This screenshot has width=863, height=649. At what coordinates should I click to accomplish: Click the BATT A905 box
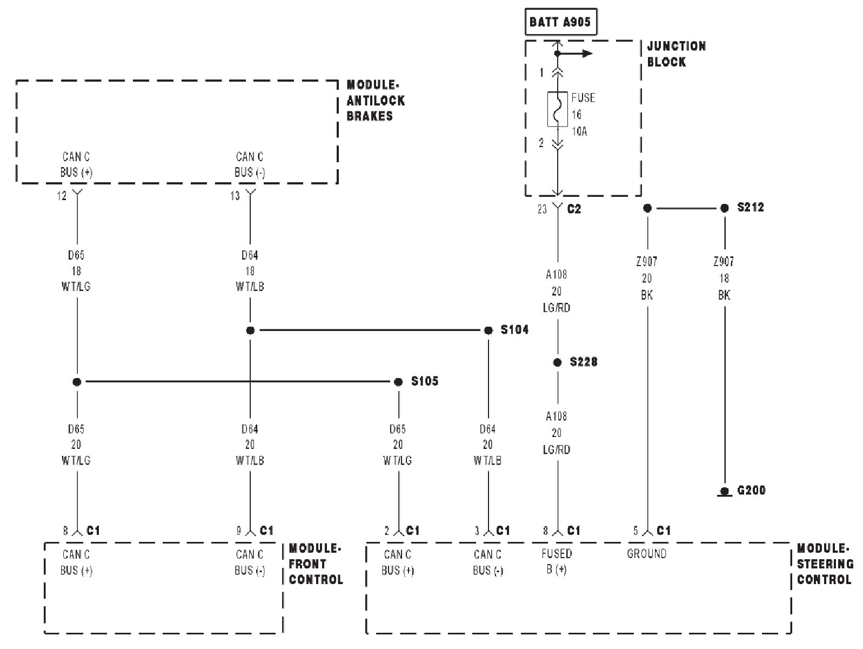pos(560,23)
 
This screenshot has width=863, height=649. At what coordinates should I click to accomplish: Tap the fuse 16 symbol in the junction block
pos(557,109)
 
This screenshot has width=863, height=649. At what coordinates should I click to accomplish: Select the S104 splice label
pos(514,329)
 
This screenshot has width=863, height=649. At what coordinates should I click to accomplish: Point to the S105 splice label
pos(424,381)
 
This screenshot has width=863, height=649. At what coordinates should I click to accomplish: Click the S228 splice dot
pos(557,362)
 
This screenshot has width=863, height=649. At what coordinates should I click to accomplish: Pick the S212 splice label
pos(750,208)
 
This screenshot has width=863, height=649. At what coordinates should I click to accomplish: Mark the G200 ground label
pos(751,491)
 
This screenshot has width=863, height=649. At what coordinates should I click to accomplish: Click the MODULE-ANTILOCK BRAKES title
pos(376,101)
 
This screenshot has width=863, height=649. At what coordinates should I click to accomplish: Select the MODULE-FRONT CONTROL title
pos(316,564)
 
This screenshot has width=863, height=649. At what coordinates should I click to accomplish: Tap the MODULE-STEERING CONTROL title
pos(825,564)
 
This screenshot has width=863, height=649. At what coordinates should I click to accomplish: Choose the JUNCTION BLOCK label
pos(676,54)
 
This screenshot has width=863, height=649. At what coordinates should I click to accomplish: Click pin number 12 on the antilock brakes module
pos(62,196)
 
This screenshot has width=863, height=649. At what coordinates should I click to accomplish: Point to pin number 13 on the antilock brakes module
pos(235,196)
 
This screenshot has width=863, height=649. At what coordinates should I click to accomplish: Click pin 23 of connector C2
pos(542,209)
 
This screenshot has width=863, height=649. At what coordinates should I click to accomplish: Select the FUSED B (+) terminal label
pos(557,561)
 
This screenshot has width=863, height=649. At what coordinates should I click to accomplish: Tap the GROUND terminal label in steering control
pos(646,554)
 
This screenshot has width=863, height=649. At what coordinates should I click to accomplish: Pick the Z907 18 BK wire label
pos(724,278)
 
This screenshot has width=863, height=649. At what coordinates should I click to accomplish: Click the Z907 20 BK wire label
pos(646,278)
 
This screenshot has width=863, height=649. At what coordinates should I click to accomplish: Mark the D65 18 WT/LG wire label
pos(76,270)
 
